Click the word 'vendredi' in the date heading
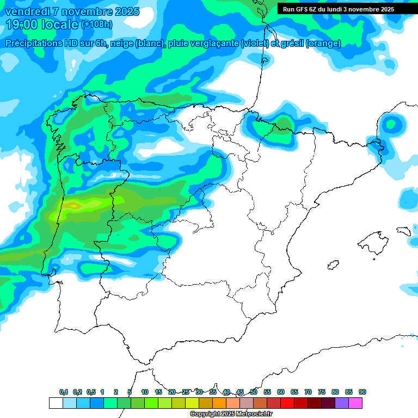point(24,11)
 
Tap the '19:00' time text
point(21,24)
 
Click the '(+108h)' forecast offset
point(98,24)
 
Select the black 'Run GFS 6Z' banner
point(338,9)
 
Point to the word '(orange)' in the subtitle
point(324,44)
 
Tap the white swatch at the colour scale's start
point(56,403)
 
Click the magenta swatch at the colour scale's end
point(355,403)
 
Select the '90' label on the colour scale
point(362,392)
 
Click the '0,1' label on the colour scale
point(63,392)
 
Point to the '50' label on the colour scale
point(254,392)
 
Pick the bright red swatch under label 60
point(287,403)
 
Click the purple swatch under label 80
point(341,403)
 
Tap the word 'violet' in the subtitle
point(256,44)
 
